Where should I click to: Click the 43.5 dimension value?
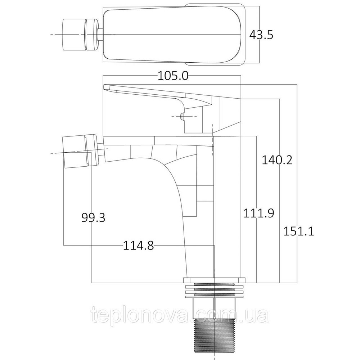pos(262,35)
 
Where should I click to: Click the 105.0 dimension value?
pos(173,76)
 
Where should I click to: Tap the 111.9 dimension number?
pos(258,213)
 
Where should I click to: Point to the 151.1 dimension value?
pos(298,231)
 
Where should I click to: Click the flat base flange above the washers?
pos(214,280)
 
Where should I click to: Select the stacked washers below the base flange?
pos(214,290)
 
